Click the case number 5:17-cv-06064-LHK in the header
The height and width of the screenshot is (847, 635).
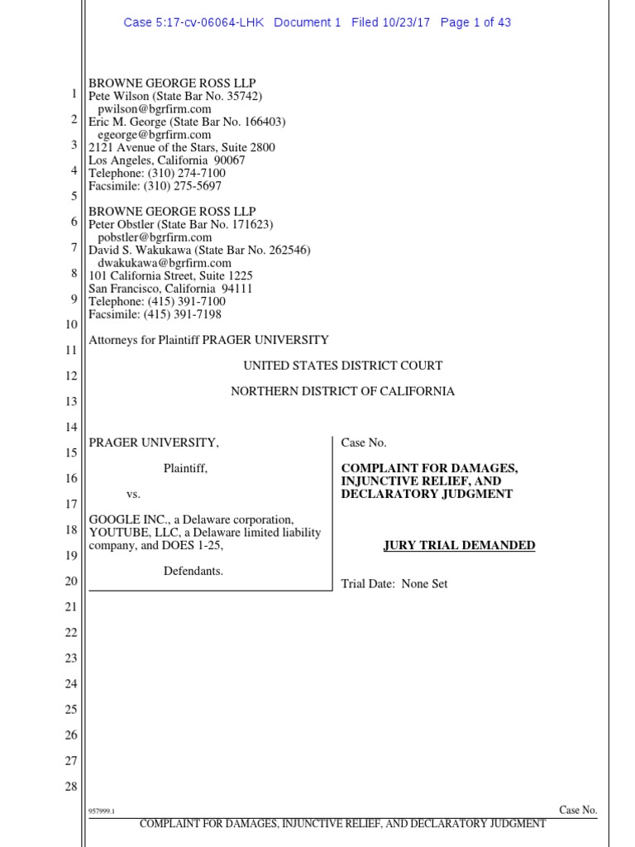click(193, 22)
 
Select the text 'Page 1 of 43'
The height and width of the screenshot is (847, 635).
click(475, 22)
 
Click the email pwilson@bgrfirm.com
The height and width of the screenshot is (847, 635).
click(155, 108)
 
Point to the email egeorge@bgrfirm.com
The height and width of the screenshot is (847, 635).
click(155, 134)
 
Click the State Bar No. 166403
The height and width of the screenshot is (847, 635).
click(247, 122)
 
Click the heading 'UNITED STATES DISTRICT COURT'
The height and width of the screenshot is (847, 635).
click(342, 366)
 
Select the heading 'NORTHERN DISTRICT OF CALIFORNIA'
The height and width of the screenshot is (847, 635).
click(342, 391)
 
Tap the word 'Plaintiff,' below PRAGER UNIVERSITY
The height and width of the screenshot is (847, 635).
click(185, 468)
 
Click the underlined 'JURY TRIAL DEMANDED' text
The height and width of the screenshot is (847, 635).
click(459, 546)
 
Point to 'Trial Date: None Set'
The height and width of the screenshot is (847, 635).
click(394, 584)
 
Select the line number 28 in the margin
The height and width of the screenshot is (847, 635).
click(70, 786)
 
